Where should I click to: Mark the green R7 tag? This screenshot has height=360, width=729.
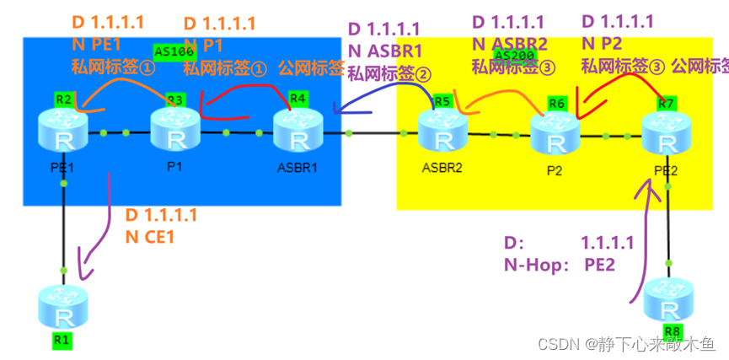point(667,104)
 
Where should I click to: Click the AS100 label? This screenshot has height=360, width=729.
point(174,51)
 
